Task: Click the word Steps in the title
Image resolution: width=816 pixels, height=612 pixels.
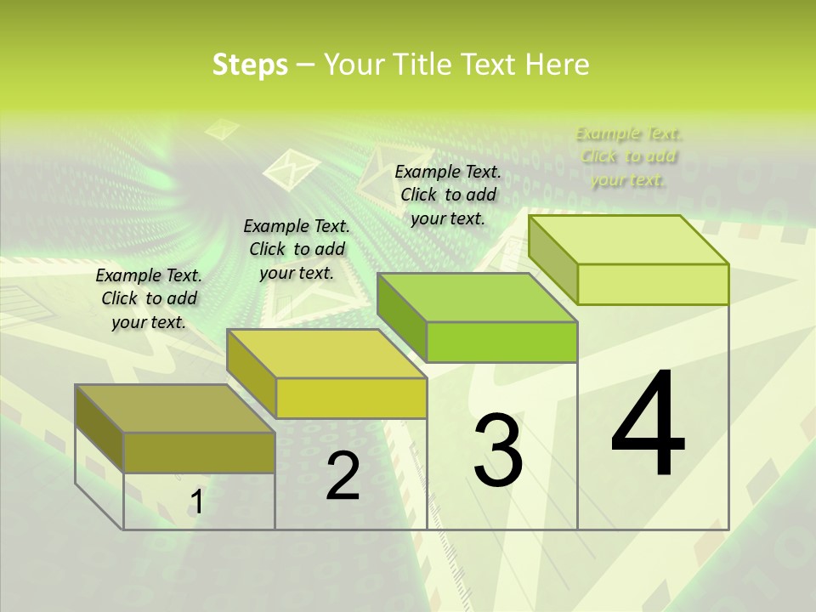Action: coord(250,65)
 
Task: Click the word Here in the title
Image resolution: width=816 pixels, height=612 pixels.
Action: coord(558,65)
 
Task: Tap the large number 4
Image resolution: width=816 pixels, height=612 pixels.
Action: coord(649,424)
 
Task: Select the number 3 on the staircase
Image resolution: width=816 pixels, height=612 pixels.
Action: coord(498,450)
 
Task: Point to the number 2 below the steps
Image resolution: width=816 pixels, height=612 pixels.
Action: coord(343,477)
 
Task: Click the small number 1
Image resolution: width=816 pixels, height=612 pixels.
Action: coord(196,502)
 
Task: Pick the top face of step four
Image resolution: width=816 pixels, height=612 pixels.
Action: coord(629,240)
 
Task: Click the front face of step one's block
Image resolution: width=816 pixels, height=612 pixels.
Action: coord(199,452)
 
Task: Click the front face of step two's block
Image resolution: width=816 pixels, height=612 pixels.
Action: coord(351,398)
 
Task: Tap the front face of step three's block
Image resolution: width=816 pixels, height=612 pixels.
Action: coord(501,342)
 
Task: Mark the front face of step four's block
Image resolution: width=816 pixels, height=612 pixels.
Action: coord(653,284)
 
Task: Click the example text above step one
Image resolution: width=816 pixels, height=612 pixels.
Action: coord(149,298)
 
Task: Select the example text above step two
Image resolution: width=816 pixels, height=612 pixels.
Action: coord(297,249)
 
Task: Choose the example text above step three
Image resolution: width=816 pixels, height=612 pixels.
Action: coord(448,195)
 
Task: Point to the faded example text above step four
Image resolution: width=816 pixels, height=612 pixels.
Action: coord(628,156)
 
